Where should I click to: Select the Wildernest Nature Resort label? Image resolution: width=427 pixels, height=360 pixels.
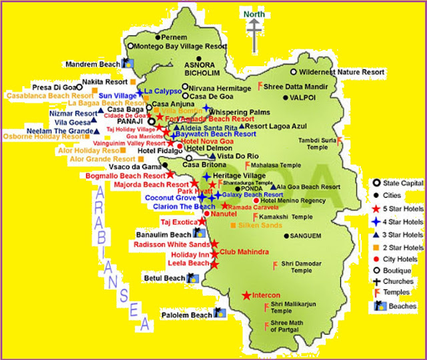(342, 71)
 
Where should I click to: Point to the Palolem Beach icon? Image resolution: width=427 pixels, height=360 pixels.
(219, 313)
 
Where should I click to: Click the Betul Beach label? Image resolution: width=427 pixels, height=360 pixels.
(164, 278)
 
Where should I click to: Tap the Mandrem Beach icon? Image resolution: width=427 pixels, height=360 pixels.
(129, 64)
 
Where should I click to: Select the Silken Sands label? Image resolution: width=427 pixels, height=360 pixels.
(256, 226)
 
